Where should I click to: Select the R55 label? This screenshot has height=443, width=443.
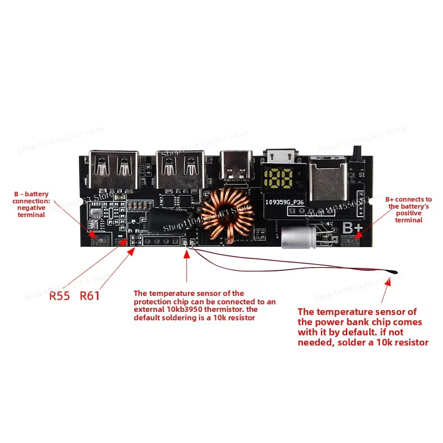(x=59, y=296)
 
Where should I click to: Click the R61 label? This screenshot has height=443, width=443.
(x=90, y=296)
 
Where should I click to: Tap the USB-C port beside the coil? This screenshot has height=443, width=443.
(x=236, y=167)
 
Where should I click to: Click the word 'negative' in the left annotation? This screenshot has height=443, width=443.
(x=31, y=208)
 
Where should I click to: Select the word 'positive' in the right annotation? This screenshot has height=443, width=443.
(x=408, y=213)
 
